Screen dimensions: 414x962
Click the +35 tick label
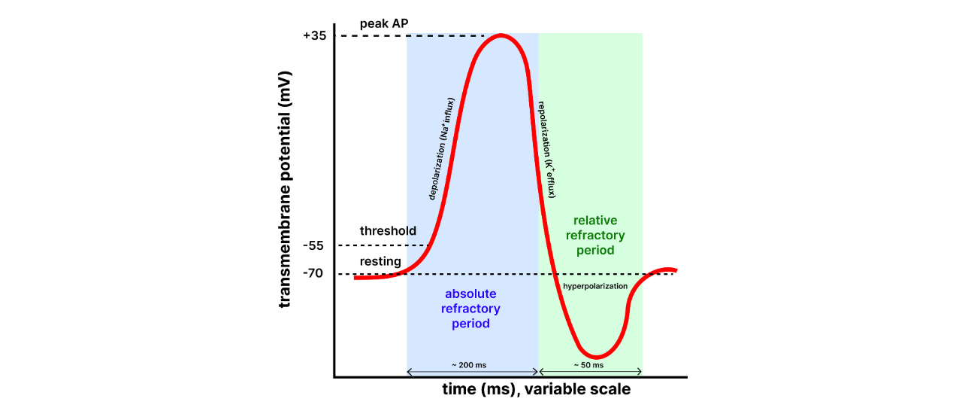(x=315, y=36)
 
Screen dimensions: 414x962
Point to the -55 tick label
(x=313, y=245)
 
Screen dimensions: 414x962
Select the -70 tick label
(x=313, y=273)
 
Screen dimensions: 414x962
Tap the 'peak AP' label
(x=384, y=23)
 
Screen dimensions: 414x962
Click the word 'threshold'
(x=388, y=230)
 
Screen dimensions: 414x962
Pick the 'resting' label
(x=380, y=261)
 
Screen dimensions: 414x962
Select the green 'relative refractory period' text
(x=594, y=235)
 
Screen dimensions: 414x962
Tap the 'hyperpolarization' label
(x=595, y=286)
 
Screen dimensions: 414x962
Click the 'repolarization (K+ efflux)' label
(x=546, y=149)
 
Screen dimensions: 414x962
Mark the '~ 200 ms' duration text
(x=469, y=365)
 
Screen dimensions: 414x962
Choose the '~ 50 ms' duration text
(x=589, y=365)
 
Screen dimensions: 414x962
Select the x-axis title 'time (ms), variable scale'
(x=535, y=390)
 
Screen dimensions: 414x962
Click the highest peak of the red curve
(x=501, y=35)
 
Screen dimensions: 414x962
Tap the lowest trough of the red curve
(x=595, y=357)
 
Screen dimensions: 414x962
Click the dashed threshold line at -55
(x=383, y=245)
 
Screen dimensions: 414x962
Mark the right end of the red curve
(x=676, y=269)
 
